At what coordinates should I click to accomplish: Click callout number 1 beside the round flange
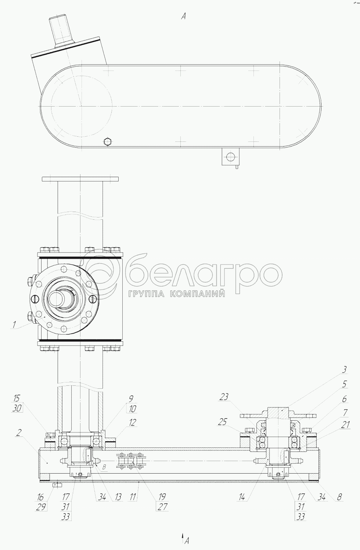coord(14,324)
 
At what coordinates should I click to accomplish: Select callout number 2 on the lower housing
coord(18,440)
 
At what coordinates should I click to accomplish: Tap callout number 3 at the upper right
coord(345,377)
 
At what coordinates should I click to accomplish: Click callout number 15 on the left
coord(17,398)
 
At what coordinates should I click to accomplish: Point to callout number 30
coord(16,409)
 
